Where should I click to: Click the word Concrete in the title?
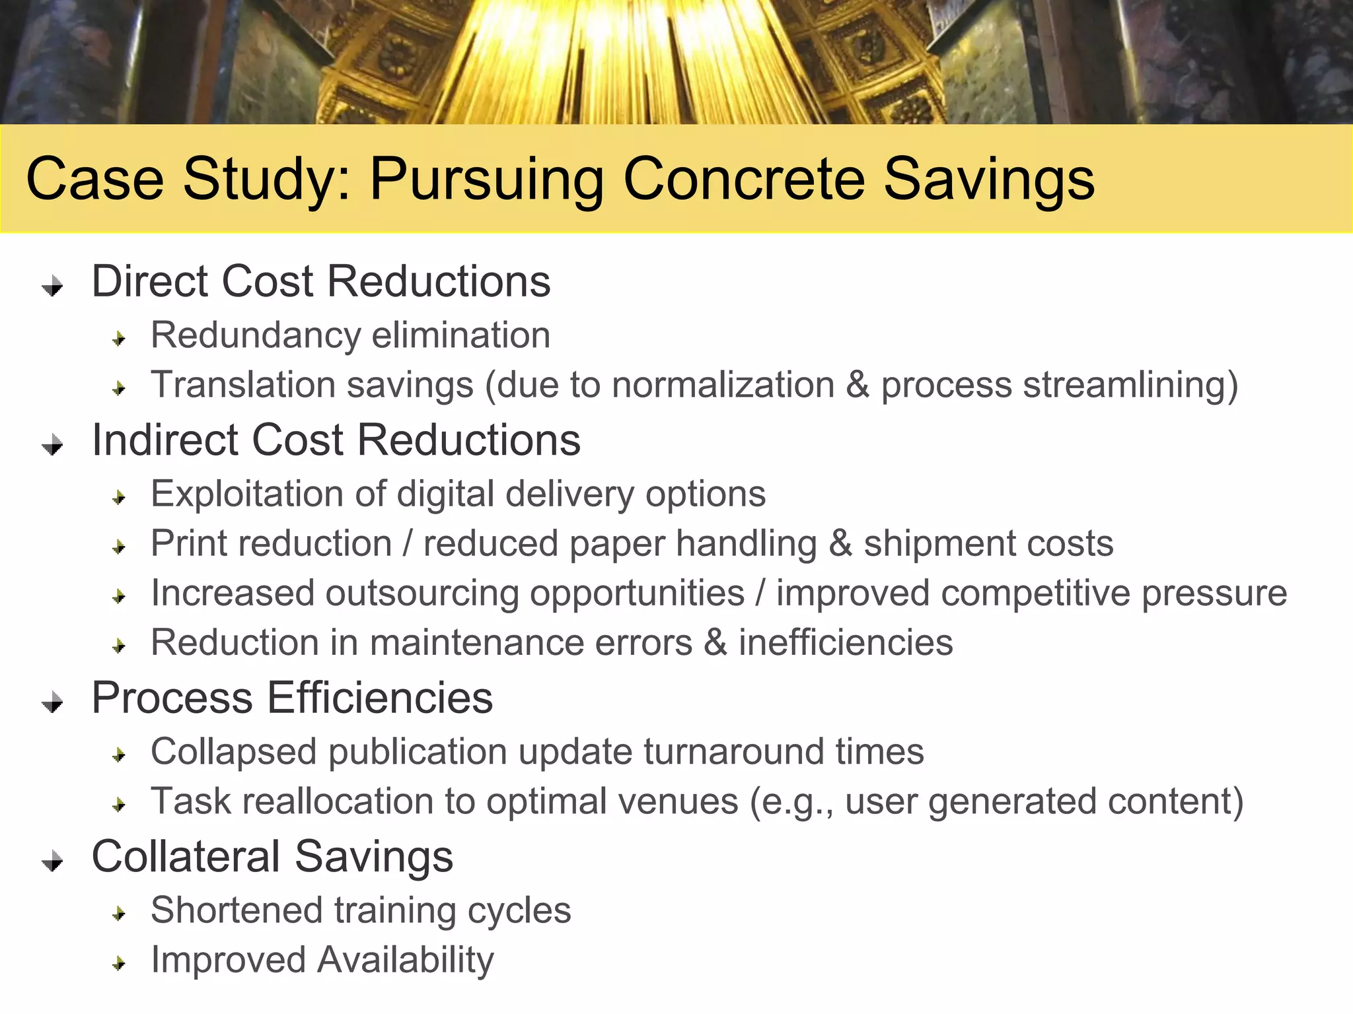pos(743,180)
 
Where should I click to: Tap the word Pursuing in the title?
pos(486,180)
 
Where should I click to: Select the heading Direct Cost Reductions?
pos(321,282)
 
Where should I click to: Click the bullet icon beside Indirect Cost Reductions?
pos(53,446)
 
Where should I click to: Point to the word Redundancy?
pos(254,335)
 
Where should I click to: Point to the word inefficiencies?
pos(846,643)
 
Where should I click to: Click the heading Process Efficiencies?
pos(292,698)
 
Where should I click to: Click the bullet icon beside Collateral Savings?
pos(53,862)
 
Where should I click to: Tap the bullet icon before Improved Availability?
pos(119,964)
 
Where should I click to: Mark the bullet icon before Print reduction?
pos(119,547)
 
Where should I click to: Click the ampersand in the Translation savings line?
pos(858,385)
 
